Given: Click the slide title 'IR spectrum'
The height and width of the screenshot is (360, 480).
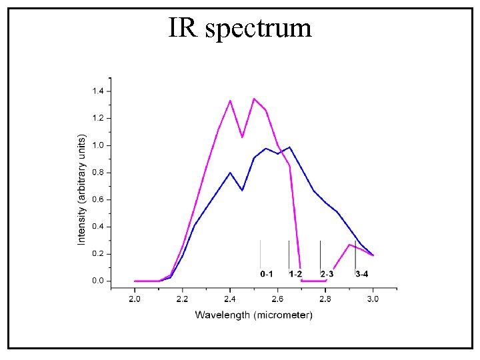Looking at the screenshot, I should pyautogui.click(x=240, y=28).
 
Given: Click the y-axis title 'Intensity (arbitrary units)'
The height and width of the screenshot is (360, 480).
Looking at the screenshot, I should pyautogui.click(x=81, y=189).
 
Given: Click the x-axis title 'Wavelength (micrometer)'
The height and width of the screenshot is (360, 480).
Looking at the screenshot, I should pyautogui.click(x=253, y=315).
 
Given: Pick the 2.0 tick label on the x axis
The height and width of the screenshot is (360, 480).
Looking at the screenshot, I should pyautogui.click(x=135, y=299).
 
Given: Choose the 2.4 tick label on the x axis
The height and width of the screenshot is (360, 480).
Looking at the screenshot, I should pyautogui.click(x=230, y=299).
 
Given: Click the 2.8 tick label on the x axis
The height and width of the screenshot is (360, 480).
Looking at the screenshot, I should pyautogui.click(x=325, y=299).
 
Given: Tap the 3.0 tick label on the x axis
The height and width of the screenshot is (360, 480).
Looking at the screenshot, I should pyautogui.click(x=373, y=299).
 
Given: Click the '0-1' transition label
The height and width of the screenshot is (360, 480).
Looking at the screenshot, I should pyautogui.click(x=267, y=274).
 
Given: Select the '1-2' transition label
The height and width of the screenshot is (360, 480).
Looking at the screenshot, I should pyautogui.click(x=295, y=274).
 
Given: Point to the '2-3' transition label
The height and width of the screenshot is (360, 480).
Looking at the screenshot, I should pyautogui.click(x=327, y=274).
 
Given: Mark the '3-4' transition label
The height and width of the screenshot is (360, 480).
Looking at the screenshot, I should pyautogui.click(x=361, y=274).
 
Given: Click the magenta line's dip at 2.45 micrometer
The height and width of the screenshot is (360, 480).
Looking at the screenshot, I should pyautogui.click(x=242, y=137).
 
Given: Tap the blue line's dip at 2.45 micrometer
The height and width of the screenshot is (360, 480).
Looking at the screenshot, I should pyautogui.click(x=242, y=190).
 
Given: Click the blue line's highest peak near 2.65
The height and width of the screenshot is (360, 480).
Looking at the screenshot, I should pyautogui.click(x=289, y=147).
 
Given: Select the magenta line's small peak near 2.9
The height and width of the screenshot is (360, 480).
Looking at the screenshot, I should pyautogui.click(x=349, y=245).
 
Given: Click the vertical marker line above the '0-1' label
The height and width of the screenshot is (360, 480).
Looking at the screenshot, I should pyautogui.click(x=260, y=253).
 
